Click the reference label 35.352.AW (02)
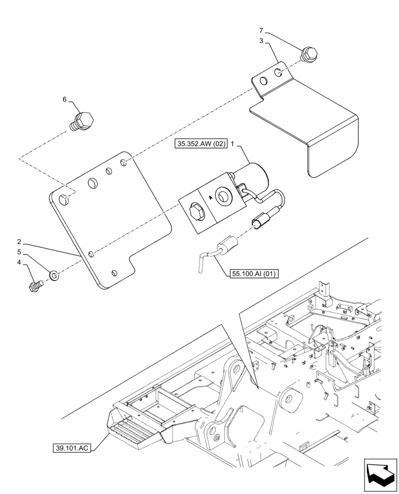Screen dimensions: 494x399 point(200,144)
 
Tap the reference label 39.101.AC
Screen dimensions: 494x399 point(73,448)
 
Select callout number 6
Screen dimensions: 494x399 point(64,99)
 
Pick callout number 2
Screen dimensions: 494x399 point(19,242)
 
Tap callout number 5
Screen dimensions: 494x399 point(19,252)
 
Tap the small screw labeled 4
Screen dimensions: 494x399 point(37,286)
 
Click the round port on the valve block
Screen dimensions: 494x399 point(224,197)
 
